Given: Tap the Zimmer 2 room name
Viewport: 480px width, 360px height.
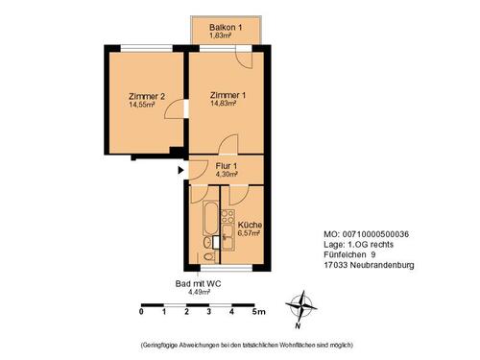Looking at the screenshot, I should [x=147, y=96].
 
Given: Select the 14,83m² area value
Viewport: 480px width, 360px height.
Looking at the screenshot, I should [x=228, y=105].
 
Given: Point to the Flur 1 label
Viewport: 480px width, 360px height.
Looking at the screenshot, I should [x=227, y=166].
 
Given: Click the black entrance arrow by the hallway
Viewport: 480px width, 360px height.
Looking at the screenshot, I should [x=180, y=172].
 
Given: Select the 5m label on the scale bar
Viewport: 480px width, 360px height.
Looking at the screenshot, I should [x=258, y=312].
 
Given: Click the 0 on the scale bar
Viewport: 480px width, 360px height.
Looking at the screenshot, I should [x=141, y=312].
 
